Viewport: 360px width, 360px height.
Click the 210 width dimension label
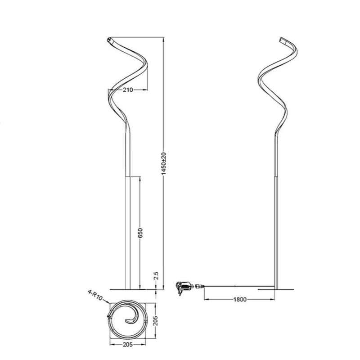coord(128,90)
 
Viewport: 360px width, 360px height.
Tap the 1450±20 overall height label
coord(164,163)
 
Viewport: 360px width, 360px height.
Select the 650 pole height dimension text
coord(140,233)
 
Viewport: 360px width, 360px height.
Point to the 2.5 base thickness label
coord(156,275)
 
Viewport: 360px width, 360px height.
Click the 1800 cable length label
coord(240,299)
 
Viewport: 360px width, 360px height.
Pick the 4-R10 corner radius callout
coord(95,295)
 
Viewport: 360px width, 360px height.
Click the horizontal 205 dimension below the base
coord(128,344)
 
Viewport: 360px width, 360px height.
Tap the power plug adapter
coord(183,288)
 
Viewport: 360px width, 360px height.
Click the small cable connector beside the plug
coord(199,286)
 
